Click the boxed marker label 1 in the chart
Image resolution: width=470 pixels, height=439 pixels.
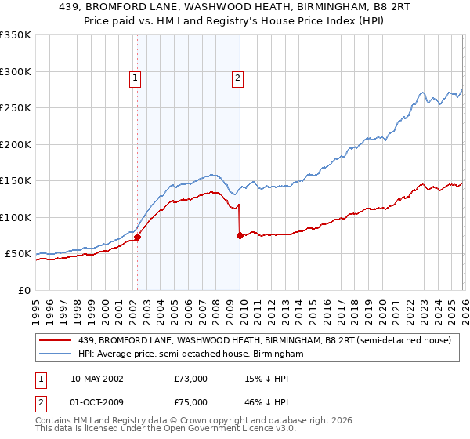(136, 78)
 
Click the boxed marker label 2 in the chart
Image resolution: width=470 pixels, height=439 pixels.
(237, 78)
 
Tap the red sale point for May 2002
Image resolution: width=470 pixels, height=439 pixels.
(137, 237)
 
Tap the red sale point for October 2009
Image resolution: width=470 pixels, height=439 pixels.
(240, 235)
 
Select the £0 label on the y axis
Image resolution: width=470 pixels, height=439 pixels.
(23, 290)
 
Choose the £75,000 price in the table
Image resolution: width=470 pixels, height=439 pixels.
(191, 401)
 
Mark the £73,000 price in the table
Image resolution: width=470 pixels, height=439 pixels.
(191, 379)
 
